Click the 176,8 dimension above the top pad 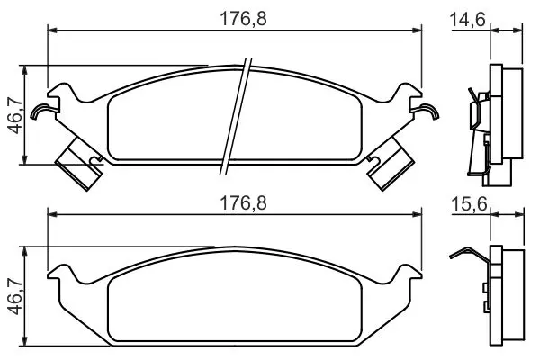click(x=243, y=19)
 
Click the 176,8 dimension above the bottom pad click(x=243, y=203)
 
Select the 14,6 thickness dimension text click(x=467, y=19)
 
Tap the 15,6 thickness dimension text click(x=469, y=204)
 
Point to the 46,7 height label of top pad click(x=16, y=115)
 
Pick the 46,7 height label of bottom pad click(x=16, y=297)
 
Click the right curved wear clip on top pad click(x=427, y=112)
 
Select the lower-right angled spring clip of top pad click(x=390, y=163)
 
